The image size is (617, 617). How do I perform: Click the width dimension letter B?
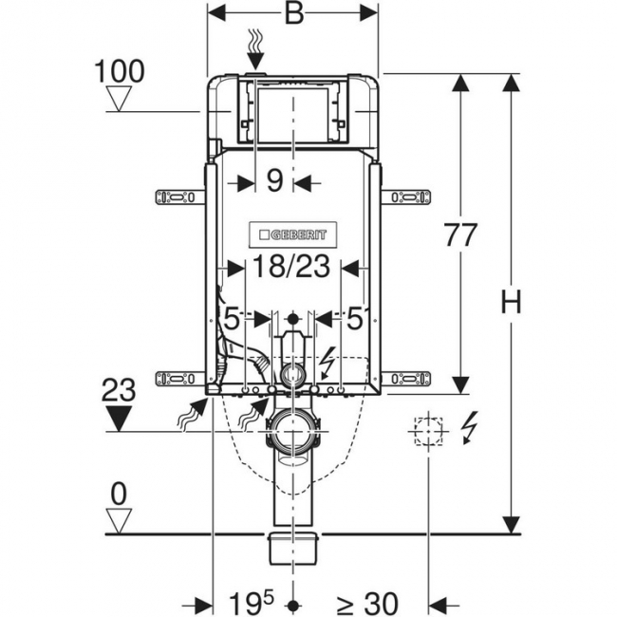(x=294, y=14)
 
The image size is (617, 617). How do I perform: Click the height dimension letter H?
(x=511, y=302)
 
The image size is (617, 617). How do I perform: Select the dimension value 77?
(x=460, y=234)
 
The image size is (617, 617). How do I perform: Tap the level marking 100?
(x=120, y=71)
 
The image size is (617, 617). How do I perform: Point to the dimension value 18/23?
(x=290, y=266)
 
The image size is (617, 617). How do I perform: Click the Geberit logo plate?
(x=292, y=234)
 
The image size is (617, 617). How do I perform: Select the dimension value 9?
(x=274, y=180)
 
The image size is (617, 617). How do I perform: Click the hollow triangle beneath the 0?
(x=119, y=520)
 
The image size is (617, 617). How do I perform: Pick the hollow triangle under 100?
(x=120, y=99)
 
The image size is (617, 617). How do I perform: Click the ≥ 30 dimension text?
(x=367, y=604)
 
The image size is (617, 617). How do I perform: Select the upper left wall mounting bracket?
(x=180, y=197)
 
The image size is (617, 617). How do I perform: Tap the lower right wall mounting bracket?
(x=406, y=379)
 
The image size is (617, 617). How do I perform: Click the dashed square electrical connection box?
(x=428, y=431)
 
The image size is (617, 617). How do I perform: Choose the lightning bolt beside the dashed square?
(x=470, y=428)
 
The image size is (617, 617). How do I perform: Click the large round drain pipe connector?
(x=293, y=431)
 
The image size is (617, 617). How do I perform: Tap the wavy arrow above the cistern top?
(x=256, y=48)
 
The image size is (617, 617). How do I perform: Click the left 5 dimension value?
(x=232, y=319)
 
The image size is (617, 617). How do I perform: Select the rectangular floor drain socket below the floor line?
(x=292, y=548)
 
